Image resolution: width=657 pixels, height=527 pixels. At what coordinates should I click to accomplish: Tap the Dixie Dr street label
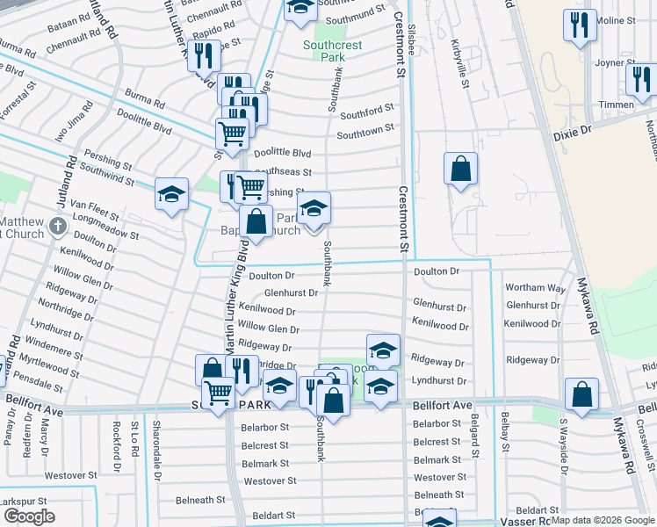click(574, 129)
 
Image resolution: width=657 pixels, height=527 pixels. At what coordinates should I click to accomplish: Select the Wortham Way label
click(536, 288)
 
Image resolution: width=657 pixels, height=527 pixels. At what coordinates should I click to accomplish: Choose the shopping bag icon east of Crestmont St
click(460, 168)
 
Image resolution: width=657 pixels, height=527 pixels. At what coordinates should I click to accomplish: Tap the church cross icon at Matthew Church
click(58, 227)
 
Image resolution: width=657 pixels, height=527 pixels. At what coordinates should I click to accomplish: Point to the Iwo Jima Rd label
click(73, 122)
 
